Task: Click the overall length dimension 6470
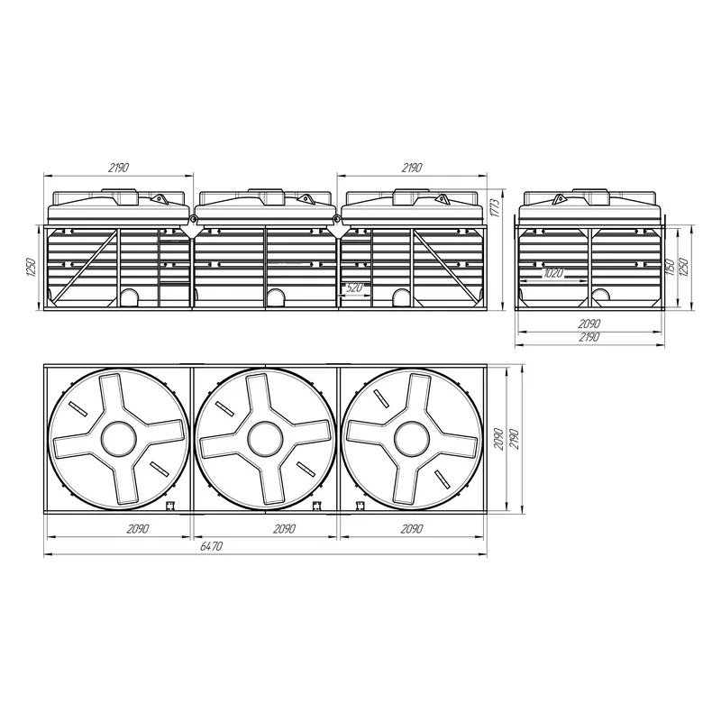click(x=212, y=546)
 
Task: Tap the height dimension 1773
click(x=494, y=209)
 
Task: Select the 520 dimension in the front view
click(x=353, y=287)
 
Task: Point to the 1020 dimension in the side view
click(x=553, y=273)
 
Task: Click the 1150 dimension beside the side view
click(x=670, y=267)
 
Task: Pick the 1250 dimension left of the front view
click(x=31, y=267)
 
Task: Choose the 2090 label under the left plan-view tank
click(x=138, y=529)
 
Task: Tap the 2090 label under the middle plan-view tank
click(x=284, y=529)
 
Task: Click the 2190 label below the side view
click(x=589, y=337)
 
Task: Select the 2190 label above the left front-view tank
click(x=118, y=168)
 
